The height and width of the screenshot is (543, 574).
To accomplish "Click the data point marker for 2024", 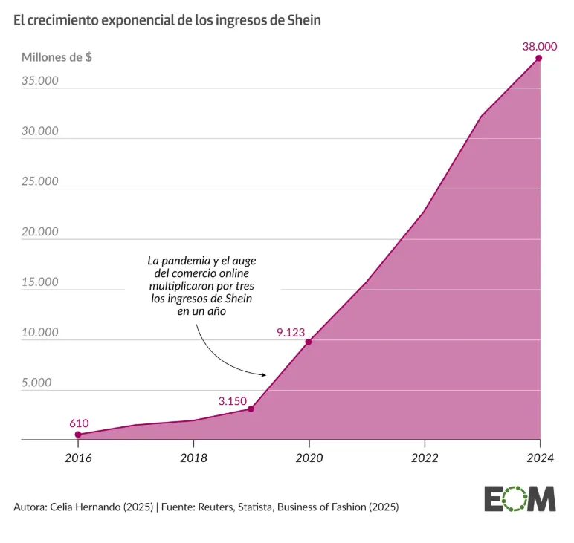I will [x=539, y=58].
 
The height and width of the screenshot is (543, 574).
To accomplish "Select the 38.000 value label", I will [x=540, y=45].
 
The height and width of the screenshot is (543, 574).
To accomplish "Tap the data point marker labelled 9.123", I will [x=309, y=342].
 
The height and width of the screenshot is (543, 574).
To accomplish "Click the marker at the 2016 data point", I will [x=78, y=435].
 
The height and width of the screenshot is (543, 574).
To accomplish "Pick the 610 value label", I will [x=79, y=423].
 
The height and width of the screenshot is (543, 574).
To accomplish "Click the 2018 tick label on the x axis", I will [x=193, y=458].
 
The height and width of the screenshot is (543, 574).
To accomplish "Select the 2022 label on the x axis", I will [x=424, y=458].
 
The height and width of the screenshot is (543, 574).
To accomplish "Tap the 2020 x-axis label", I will [x=309, y=458].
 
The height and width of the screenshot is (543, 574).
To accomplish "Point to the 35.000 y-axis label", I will [x=40, y=80].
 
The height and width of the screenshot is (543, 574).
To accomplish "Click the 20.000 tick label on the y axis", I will [x=40, y=232].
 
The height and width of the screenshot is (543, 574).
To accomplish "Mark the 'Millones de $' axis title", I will [x=57, y=57].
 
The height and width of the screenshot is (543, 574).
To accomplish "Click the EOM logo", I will [x=520, y=498].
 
